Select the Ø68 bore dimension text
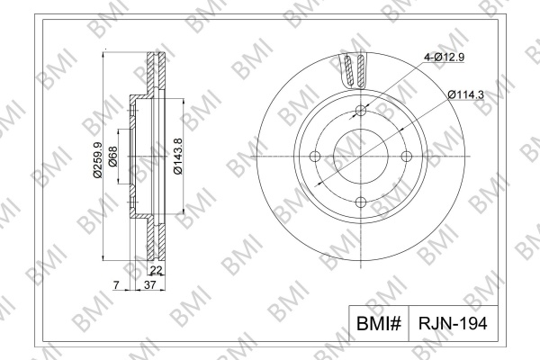pos(112,157)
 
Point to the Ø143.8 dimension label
pos(177,156)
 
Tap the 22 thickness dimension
pos(156,270)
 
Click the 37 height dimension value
pos(150,285)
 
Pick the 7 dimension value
pos(116,285)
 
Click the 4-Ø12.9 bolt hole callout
pos(444,58)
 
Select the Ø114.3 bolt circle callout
pos(466,94)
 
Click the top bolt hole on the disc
pos(361,111)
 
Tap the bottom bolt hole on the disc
pos(361,202)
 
